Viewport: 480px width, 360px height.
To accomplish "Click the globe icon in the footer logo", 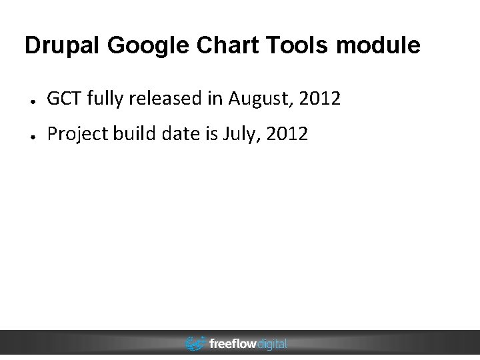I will (195, 344).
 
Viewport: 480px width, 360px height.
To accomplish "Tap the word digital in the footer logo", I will (271, 344).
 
